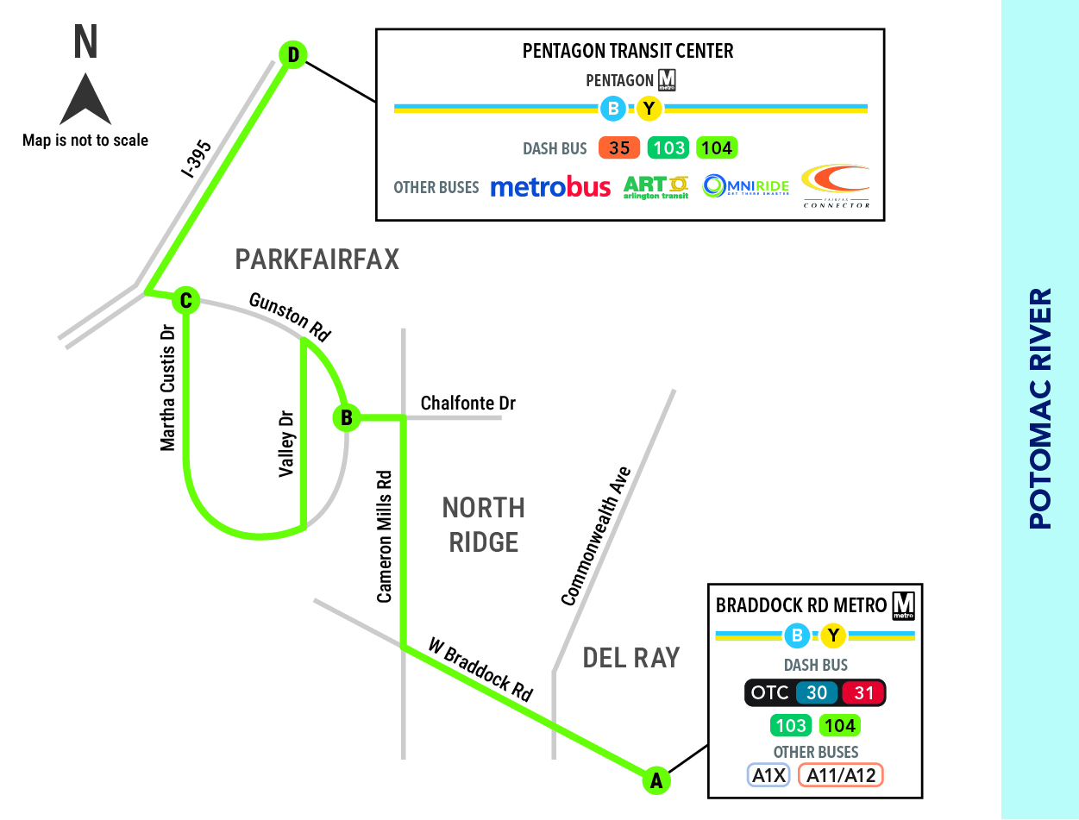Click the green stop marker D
click(293, 54)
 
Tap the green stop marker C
click(185, 300)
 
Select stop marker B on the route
click(347, 417)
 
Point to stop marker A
click(656, 780)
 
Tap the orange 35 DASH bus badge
click(619, 147)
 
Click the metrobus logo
click(550, 187)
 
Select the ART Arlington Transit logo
click(656, 187)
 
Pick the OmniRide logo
click(746, 186)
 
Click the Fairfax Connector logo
click(836, 186)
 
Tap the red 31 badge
click(863, 692)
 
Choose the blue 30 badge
click(817, 692)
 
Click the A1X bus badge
click(768, 775)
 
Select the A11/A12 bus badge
click(841, 775)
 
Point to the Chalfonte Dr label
click(468, 403)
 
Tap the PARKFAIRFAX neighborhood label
click(317, 260)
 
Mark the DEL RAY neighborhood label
click(631, 658)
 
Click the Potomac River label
click(1040, 409)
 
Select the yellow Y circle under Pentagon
click(649, 108)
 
